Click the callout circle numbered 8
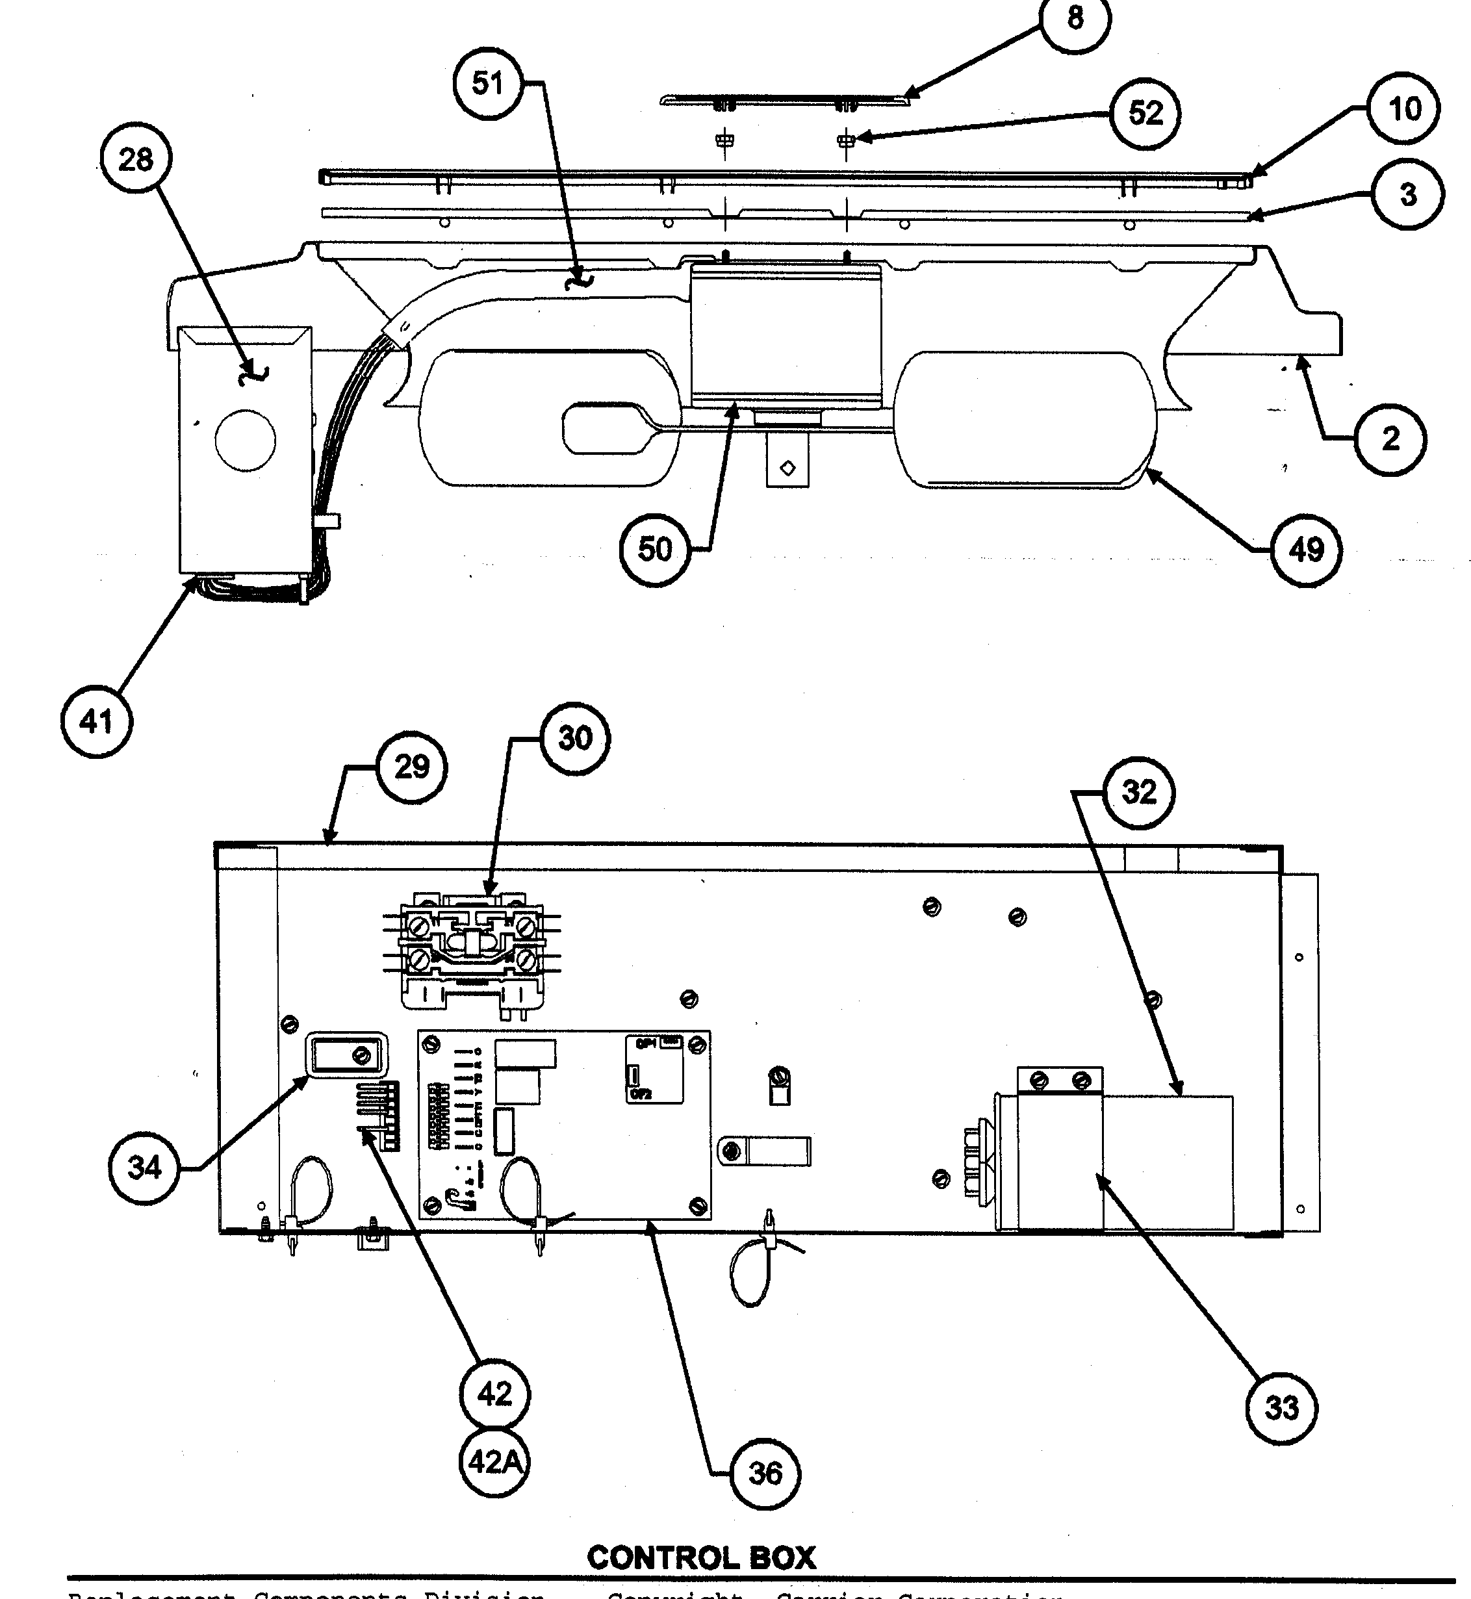click(x=1075, y=18)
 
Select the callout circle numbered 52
click(x=1145, y=113)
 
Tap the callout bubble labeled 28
click(x=135, y=160)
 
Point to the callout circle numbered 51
click(x=488, y=83)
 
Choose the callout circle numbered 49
click(x=1305, y=550)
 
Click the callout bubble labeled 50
click(x=655, y=549)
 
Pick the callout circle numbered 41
click(x=96, y=722)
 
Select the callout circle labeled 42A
click(x=494, y=1462)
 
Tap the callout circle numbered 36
click(x=765, y=1473)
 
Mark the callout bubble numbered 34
click(x=144, y=1168)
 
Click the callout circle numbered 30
click(x=575, y=738)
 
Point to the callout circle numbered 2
click(x=1390, y=439)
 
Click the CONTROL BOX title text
click(x=701, y=1557)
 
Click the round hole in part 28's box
click(x=245, y=439)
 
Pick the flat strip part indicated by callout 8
click(x=784, y=100)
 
